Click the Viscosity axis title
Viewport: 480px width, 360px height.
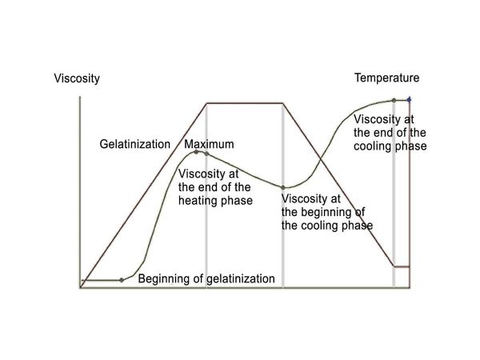click(x=77, y=78)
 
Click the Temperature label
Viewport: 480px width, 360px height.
click(x=387, y=78)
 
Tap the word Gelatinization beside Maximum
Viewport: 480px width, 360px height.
click(x=135, y=144)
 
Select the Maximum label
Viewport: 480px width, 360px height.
click(x=209, y=144)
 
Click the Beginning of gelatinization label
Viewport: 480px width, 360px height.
click(x=206, y=279)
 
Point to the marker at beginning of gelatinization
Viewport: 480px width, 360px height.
click(x=122, y=280)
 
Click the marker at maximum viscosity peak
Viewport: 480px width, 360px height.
click(x=196, y=152)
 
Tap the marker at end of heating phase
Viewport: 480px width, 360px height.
click(x=206, y=154)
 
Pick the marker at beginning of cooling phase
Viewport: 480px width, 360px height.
click(x=283, y=187)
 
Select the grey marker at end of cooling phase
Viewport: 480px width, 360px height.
click(x=394, y=100)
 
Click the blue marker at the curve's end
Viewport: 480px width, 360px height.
click(x=409, y=99)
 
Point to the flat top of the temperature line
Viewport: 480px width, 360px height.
click(x=245, y=103)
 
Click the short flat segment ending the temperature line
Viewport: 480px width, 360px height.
click(x=402, y=267)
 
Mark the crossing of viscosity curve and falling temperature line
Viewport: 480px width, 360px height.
click(x=321, y=158)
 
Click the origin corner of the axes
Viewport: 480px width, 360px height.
click(x=80, y=288)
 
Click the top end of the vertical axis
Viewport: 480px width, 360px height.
click(x=80, y=97)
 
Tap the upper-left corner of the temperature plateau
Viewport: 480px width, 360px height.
click(x=207, y=103)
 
